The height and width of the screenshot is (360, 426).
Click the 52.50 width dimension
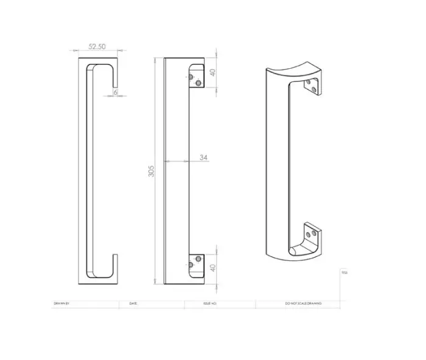pyautogui.click(x=98, y=46)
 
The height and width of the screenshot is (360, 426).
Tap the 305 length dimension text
pyautogui.click(x=152, y=171)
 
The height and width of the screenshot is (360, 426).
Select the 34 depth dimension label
pyautogui.click(x=203, y=157)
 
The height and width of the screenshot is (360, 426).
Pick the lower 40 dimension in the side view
pyautogui.click(x=213, y=268)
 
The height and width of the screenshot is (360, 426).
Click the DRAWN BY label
pyautogui.click(x=62, y=303)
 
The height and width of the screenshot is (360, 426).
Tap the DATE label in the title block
pyautogui.click(x=133, y=303)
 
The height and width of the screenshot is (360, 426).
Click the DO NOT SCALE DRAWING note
pyautogui.click(x=303, y=303)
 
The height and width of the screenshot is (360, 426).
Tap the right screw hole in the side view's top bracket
pyautogui.click(x=198, y=83)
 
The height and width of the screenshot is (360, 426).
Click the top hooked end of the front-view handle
pyautogui.click(x=113, y=73)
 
